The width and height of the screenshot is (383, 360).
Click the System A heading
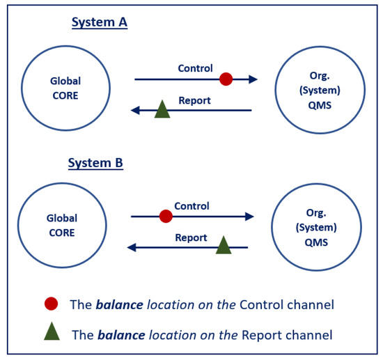pyautogui.click(x=99, y=22)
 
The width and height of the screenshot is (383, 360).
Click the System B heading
pyautogui.click(x=95, y=164)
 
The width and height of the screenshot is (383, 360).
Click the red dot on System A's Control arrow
pyautogui.click(x=226, y=79)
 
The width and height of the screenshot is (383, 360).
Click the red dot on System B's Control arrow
pyautogui.click(x=166, y=217)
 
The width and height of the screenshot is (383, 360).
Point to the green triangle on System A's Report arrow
pyautogui.click(x=162, y=109)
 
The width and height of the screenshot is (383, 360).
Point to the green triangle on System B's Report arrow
pyautogui.click(x=224, y=245)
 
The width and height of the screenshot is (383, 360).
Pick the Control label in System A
pyautogui.click(x=196, y=68)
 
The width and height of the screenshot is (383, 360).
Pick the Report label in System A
pyautogui.click(x=195, y=100)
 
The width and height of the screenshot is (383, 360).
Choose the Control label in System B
pyautogui.click(x=191, y=206)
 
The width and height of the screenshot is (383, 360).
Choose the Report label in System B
pyautogui.click(x=191, y=237)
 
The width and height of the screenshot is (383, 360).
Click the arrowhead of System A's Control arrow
pyautogui.click(x=253, y=79)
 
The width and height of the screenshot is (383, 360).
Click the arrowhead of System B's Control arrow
pyautogui.click(x=249, y=217)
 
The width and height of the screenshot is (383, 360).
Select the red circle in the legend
pyautogui.click(x=51, y=304)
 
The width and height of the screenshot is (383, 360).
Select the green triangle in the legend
pyautogui.click(x=52, y=332)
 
